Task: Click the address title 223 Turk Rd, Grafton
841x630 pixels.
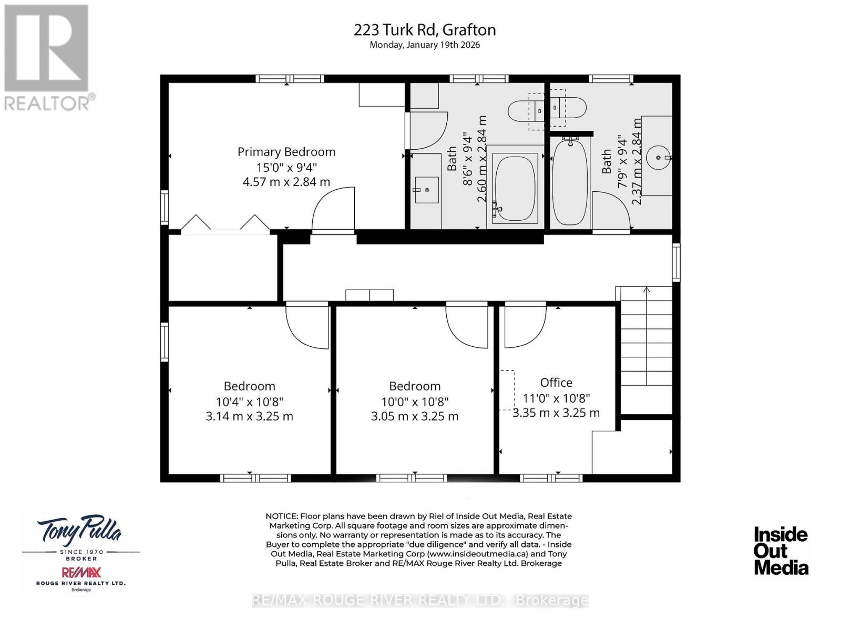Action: tap(425, 30)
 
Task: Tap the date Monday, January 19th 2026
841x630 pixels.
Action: tap(425, 45)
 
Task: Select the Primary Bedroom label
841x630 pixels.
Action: tap(286, 152)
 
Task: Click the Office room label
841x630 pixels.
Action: tap(556, 383)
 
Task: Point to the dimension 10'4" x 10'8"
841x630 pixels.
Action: tap(250, 402)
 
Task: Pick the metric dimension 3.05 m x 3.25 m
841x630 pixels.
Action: tap(415, 417)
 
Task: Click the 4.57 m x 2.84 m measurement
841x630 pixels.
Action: tap(286, 182)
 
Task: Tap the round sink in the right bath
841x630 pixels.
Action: tap(658, 157)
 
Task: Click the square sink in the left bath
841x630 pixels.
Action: tap(426, 189)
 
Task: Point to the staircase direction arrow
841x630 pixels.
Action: tap(647, 290)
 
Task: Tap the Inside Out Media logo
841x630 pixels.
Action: tap(781, 551)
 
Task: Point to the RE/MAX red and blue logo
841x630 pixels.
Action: tap(81, 572)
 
